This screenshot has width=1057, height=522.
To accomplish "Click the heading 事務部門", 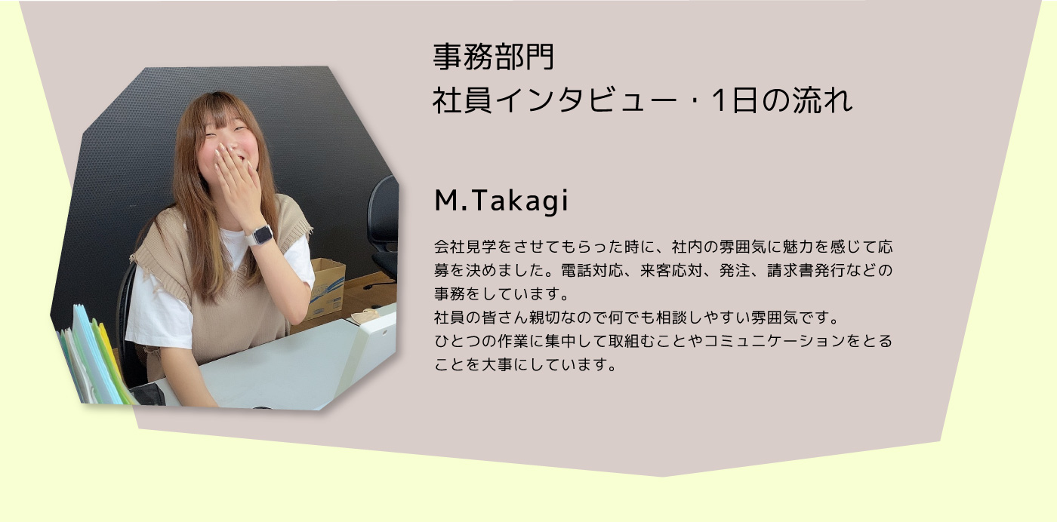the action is [494, 57].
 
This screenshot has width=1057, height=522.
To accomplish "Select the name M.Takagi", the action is [501, 201].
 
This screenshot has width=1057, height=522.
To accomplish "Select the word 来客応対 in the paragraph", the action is [671, 271].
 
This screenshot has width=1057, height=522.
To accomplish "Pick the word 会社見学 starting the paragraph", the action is [466, 247].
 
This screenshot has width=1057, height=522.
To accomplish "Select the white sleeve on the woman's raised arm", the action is [297, 259].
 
